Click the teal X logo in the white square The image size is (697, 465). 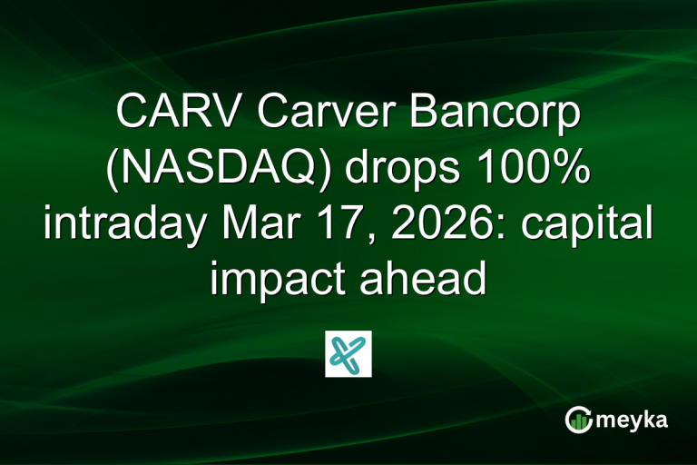coord(348,353)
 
